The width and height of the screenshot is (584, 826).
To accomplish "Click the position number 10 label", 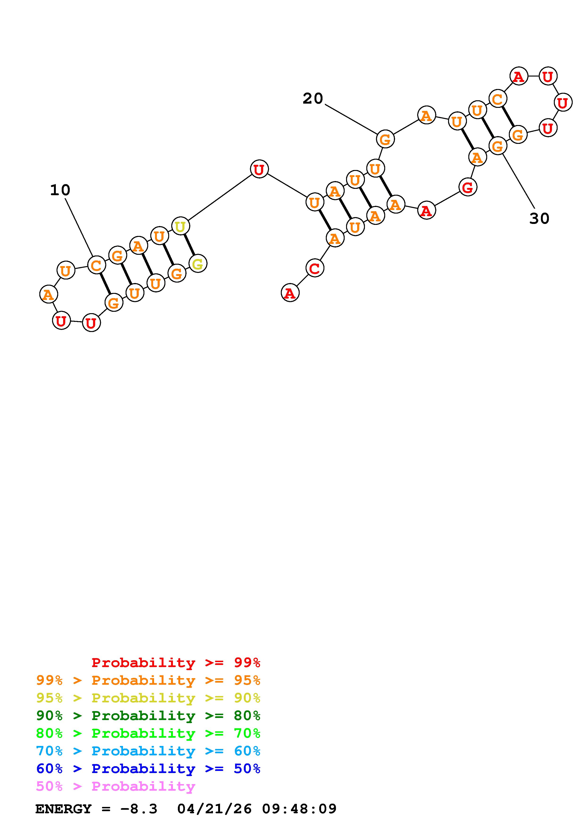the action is click(60, 190).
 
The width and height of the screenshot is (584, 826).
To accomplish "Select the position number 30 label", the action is click(539, 218).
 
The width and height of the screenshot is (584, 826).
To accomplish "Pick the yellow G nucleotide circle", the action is click(198, 264).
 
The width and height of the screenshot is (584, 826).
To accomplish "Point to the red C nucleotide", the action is click(314, 268).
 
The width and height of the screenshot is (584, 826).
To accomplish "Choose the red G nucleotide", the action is click(467, 187).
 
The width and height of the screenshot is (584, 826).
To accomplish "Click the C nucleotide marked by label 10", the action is click(96, 266).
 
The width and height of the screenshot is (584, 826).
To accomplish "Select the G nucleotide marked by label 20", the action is click(385, 139).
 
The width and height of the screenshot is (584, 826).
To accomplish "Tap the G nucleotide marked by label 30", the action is click(497, 146).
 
